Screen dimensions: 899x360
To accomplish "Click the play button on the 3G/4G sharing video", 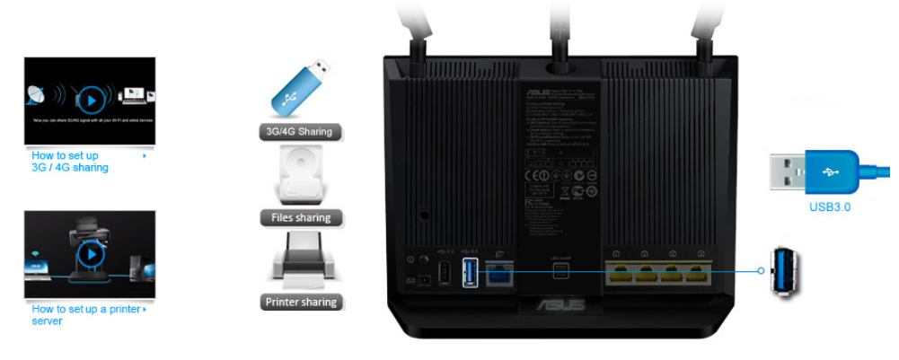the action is click(90, 99).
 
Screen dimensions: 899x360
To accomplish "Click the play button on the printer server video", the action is click(90, 254).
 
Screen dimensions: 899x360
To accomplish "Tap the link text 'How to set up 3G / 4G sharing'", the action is click(70, 162).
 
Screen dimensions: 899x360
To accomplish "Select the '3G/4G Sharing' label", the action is click(299, 132).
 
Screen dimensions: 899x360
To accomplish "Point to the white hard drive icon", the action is click(301, 175).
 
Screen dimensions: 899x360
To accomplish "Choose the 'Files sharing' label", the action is click(301, 217).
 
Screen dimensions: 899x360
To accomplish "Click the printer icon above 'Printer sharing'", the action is click(301, 260).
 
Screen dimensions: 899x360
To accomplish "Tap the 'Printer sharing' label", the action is click(301, 303).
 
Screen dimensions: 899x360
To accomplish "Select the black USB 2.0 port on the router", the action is click(443, 273).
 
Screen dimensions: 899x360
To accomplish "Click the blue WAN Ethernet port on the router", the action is click(499, 273).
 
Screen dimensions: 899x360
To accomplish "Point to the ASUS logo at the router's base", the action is click(561, 306).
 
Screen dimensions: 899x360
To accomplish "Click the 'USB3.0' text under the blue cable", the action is click(829, 207).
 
